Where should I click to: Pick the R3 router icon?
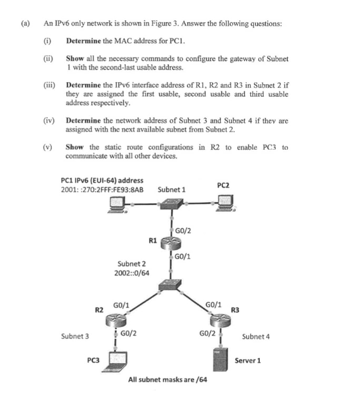coord(218,319)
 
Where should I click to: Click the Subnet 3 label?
coord(75,336)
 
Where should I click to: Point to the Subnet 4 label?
coord(256,337)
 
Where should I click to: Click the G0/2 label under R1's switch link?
coord(182,230)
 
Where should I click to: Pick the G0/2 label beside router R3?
coord(207,333)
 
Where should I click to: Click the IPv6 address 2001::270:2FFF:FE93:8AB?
coord(102,190)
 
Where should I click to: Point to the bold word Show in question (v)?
coord(73,147)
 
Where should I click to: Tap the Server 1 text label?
coord(248,361)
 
